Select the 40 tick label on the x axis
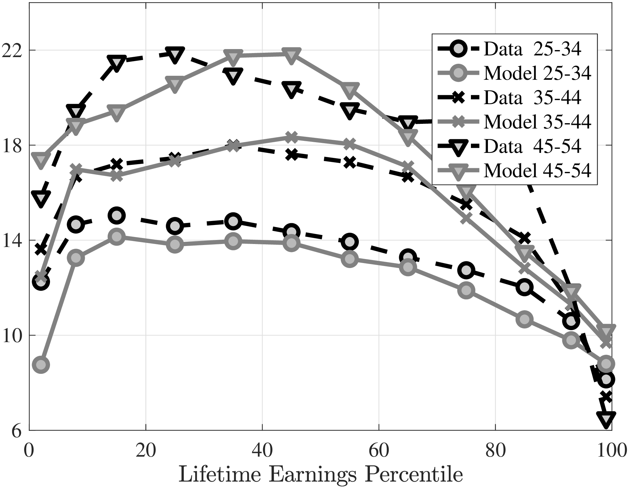(x=262, y=451)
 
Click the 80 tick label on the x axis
(x=495, y=451)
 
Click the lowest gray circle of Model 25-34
(x=41, y=364)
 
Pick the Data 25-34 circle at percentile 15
(x=116, y=215)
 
